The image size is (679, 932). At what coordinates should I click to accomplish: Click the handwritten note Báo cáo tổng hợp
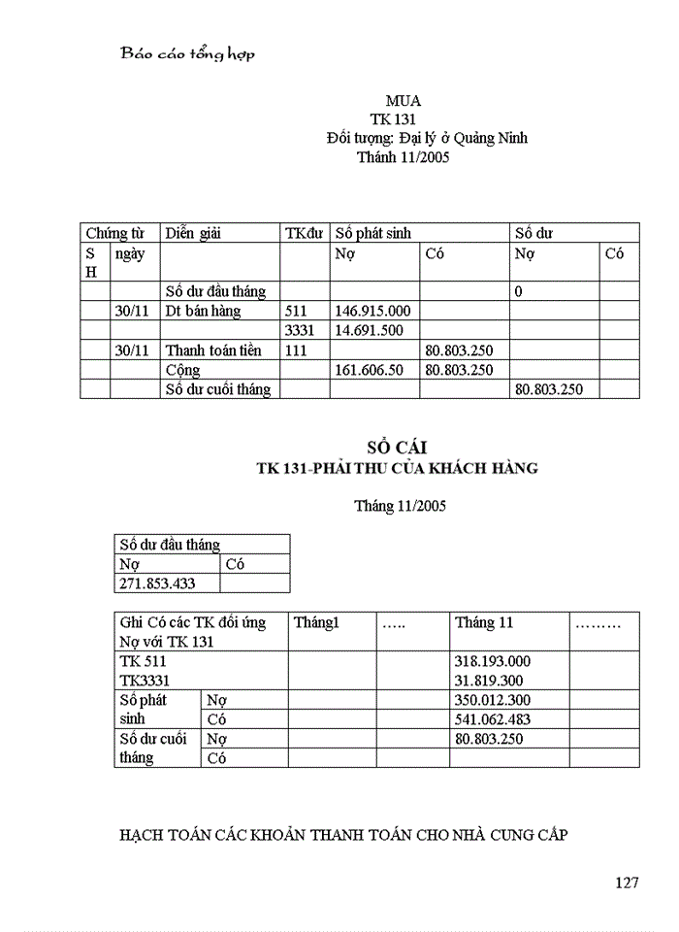(187, 54)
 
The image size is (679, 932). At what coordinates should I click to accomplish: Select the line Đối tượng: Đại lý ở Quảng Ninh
(427, 138)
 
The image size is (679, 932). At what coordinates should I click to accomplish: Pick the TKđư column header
(304, 233)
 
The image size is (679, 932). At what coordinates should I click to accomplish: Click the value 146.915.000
(372, 312)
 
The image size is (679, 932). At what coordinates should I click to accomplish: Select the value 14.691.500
(369, 331)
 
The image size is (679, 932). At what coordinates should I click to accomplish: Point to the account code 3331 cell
(300, 331)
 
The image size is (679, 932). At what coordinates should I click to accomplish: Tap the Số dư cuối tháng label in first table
(218, 389)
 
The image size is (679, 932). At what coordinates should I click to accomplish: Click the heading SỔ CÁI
(396, 448)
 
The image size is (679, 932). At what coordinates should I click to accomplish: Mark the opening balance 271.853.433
(156, 583)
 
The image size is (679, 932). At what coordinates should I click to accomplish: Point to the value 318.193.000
(493, 661)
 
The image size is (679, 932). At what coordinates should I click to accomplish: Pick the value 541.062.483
(493, 719)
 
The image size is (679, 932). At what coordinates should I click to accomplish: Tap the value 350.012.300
(493, 700)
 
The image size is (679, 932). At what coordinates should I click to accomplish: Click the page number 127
(627, 882)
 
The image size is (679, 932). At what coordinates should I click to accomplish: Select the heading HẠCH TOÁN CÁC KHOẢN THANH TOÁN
(342, 834)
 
